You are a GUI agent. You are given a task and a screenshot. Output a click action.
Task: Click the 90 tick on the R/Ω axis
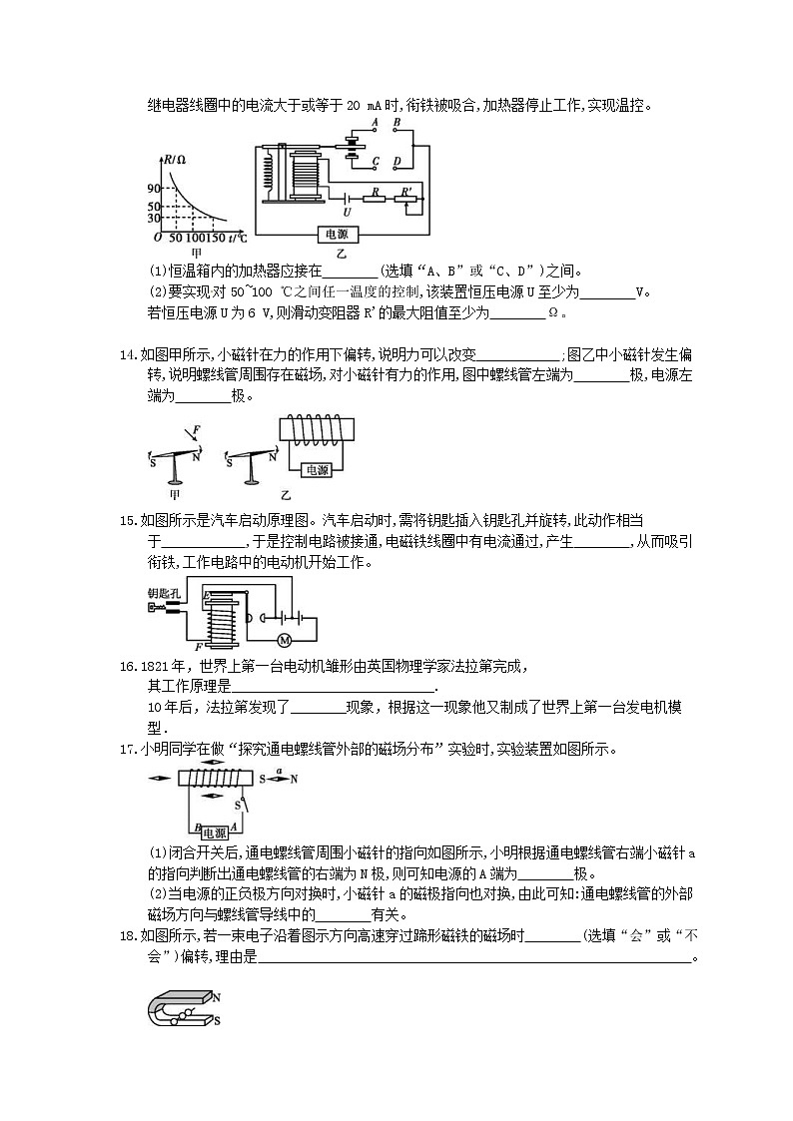coord(154,189)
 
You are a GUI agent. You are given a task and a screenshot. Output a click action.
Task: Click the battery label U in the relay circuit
coord(347,212)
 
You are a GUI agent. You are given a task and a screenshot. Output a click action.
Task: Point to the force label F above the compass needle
coord(197,428)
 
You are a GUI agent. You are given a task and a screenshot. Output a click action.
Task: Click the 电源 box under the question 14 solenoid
coord(317,470)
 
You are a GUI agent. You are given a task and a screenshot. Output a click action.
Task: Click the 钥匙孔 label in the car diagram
coord(163,592)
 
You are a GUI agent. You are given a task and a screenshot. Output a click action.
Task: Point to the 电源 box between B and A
coord(214,832)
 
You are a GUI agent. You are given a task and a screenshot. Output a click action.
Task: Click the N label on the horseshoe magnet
coord(217,997)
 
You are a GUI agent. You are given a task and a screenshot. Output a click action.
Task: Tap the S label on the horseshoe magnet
coord(217,1020)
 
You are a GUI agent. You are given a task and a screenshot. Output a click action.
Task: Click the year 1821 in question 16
coord(159,666)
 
